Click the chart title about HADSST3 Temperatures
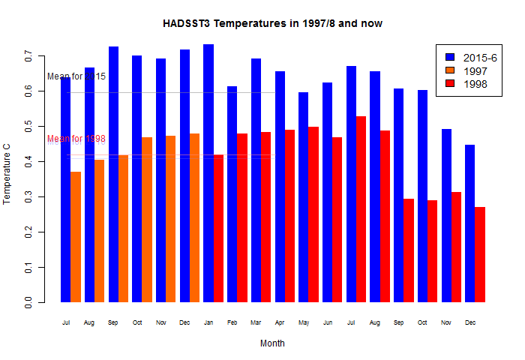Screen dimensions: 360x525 point(273,24)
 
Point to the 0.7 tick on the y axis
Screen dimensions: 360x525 point(28,57)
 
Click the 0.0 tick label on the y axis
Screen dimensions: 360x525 point(28,303)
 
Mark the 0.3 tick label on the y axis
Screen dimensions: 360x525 point(28,197)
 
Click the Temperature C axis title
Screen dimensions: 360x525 point(7,179)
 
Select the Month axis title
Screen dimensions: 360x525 point(272,343)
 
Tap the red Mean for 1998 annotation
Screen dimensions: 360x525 point(76,139)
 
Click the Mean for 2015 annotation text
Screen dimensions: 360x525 point(76,76)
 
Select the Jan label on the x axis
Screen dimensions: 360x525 point(208,322)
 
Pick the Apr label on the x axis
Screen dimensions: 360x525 point(280,322)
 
